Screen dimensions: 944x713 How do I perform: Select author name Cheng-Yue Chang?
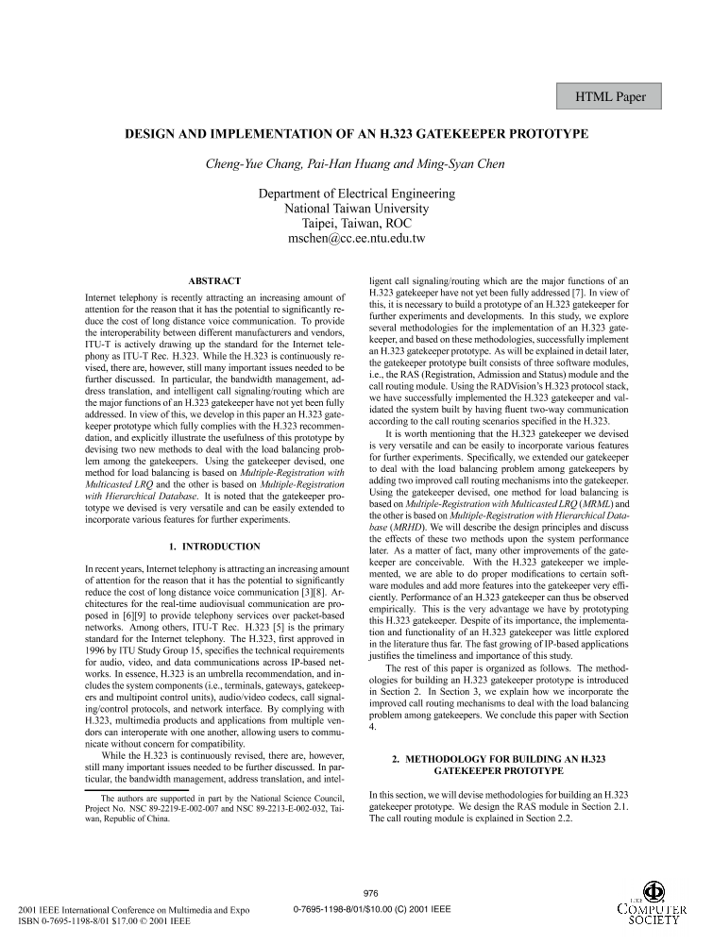point(251,163)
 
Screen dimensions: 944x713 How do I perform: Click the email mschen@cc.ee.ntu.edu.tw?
point(356,239)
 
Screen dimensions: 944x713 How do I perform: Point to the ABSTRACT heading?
point(214,280)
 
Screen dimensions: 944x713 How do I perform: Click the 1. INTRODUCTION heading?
point(214,547)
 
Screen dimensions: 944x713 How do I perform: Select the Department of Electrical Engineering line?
point(356,194)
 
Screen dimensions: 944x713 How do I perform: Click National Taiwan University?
point(356,209)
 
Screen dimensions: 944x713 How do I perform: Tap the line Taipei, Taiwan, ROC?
point(356,224)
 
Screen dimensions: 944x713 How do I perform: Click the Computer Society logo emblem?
point(653,891)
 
